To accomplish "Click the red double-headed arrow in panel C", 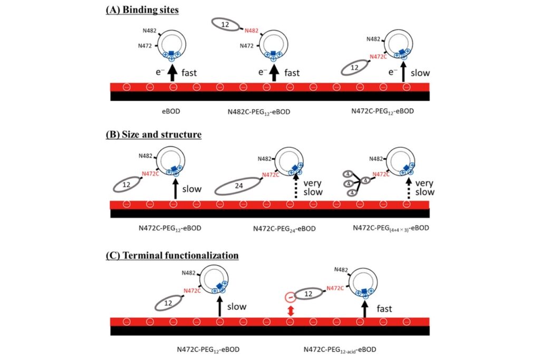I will coord(290,310).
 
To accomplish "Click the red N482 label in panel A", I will coord(251,31).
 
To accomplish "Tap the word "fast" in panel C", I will coord(384,308).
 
